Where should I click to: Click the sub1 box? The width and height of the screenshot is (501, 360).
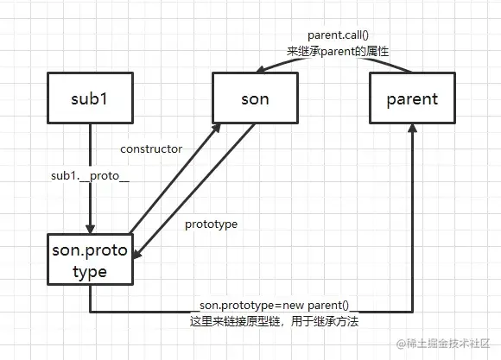pos(91,98)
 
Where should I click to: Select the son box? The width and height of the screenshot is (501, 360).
pos(252,98)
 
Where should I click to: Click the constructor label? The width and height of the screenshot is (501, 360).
pos(151,148)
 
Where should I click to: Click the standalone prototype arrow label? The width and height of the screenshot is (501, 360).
pos(211,224)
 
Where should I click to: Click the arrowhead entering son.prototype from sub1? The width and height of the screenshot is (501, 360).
pos(90,228)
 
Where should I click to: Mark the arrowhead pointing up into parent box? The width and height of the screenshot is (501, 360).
pos(411,129)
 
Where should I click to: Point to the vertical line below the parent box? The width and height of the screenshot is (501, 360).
pos(411,224)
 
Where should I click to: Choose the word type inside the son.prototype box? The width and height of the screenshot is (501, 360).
pos(90,272)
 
